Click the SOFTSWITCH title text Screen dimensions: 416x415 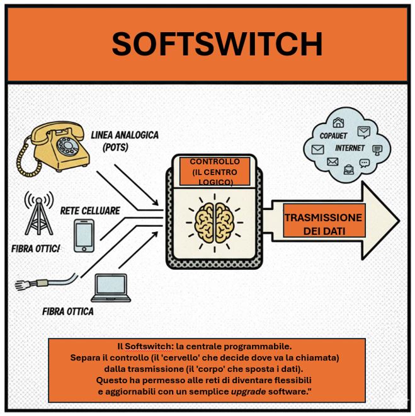tap(217, 43)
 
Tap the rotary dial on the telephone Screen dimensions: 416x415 tap(67, 146)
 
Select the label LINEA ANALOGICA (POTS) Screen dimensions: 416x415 tap(125, 141)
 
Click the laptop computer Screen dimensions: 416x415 tap(112, 289)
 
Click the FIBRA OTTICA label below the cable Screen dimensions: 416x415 tap(68, 311)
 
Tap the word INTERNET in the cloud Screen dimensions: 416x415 tap(350, 148)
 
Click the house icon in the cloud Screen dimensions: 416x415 tap(339, 124)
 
